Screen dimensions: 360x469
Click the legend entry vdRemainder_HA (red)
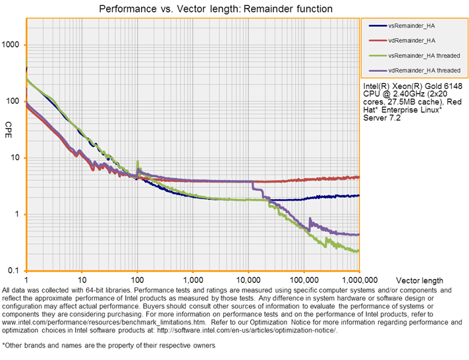point(406,40)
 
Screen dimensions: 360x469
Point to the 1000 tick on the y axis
point(13,45)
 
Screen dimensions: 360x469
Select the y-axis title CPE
point(9,125)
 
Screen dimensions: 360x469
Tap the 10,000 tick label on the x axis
point(248,279)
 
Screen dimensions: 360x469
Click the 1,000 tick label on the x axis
point(193,279)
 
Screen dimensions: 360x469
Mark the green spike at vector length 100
point(137,162)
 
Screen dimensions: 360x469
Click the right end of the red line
point(359,177)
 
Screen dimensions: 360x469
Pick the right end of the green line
point(359,251)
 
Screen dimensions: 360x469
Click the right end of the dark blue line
point(359,195)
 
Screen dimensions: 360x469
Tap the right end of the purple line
point(359,234)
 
